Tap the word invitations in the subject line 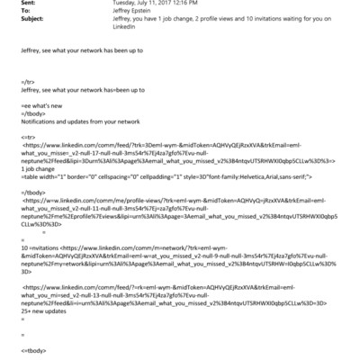[x=249, y=19]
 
